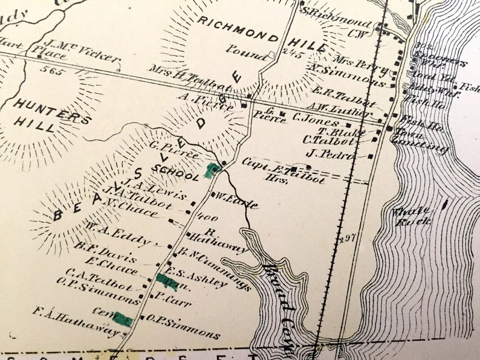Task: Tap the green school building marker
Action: point(212,170)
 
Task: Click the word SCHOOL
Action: point(175,173)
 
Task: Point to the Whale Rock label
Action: point(411,216)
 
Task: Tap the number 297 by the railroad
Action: point(347,237)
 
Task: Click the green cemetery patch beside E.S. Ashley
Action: point(166,281)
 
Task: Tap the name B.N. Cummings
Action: point(215,266)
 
